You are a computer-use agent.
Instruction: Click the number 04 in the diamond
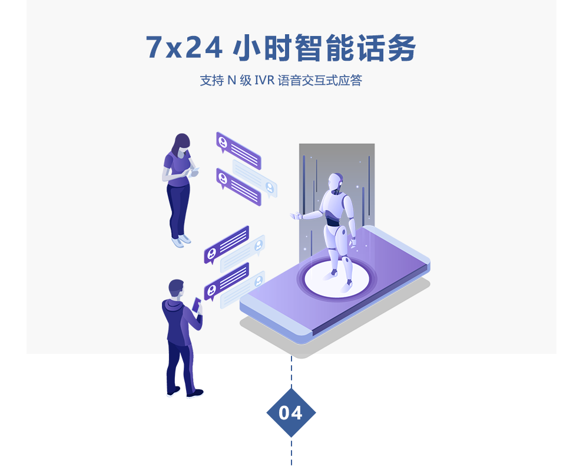tap(291, 413)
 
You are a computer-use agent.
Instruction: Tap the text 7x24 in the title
tap(184, 48)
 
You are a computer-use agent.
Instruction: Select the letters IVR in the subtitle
tap(264, 81)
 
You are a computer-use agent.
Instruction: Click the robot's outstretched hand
tap(294, 216)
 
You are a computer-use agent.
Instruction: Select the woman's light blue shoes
tap(181, 240)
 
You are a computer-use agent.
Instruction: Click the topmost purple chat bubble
tap(238, 150)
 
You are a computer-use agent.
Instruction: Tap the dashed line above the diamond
tap(291, 372)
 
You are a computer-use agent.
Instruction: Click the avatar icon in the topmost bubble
tap(223, 142)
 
